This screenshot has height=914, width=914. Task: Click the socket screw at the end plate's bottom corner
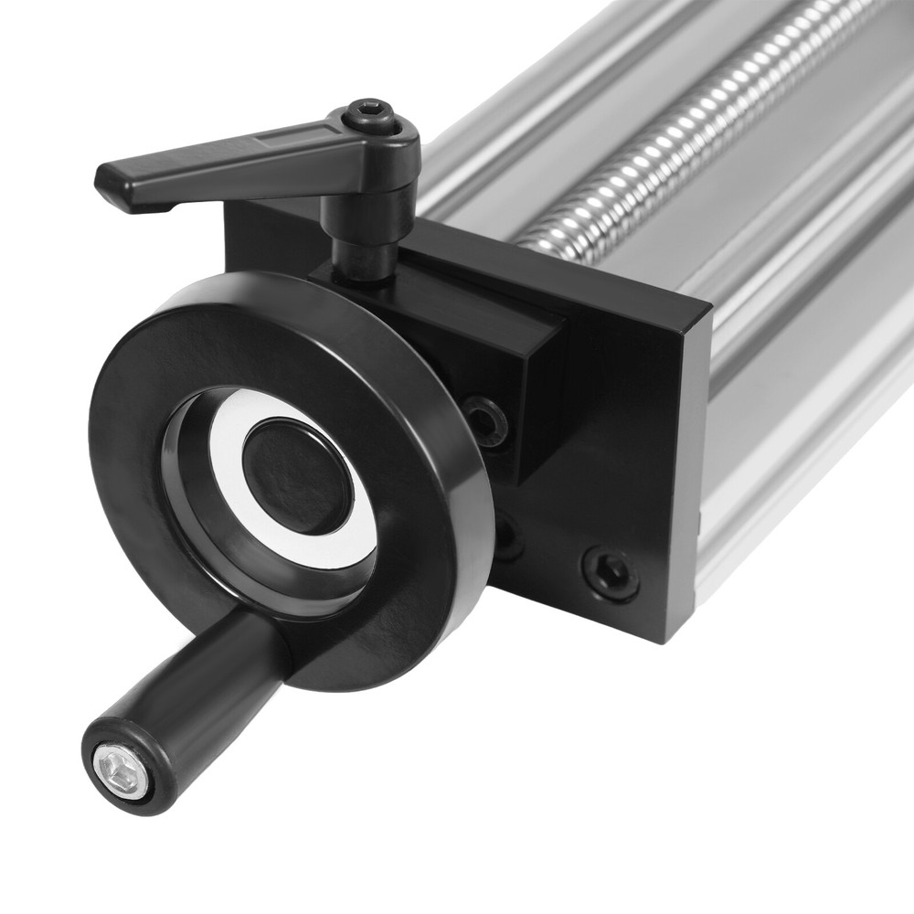point(609,573)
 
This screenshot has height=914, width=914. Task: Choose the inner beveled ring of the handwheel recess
point(197,512)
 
